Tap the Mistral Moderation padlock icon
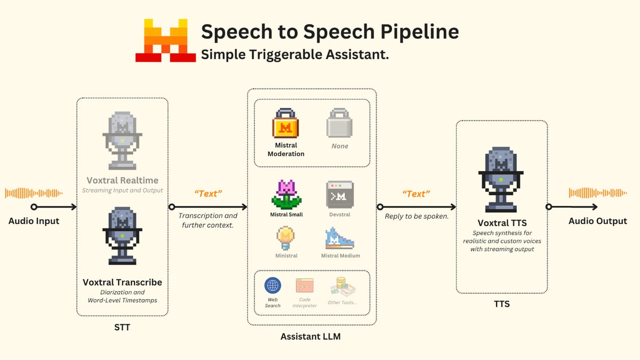tap(285, 124)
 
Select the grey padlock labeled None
tap(340, 124)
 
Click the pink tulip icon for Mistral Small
tap(286, 194)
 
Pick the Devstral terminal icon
tap(340, 194)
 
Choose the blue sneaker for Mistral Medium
tap(340, 238)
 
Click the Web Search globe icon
tap(273, 285)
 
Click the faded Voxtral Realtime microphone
tap(123, 140)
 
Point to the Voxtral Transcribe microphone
tap(123, 238)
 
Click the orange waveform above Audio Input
tap(34, 193)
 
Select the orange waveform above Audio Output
tap(597, 193)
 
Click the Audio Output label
tap(597, 221)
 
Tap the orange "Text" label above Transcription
tap(207, 194)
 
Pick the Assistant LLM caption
tap(310, 337)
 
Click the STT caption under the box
tap(122, 327)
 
